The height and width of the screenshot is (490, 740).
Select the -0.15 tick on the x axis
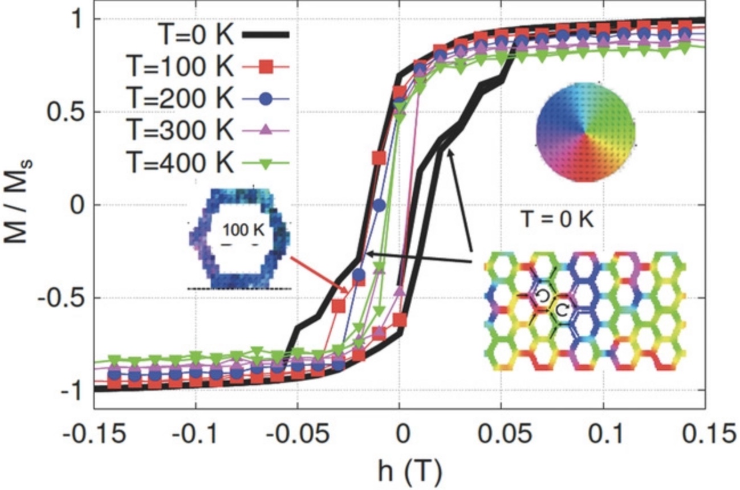coord(94,434)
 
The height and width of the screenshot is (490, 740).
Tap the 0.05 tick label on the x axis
coord(501,434)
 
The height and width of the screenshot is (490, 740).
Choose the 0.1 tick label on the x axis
coord(603,434)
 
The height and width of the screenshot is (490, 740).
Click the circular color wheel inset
coord(586,137)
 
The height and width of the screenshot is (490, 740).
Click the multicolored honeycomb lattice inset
coord(586,313)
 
